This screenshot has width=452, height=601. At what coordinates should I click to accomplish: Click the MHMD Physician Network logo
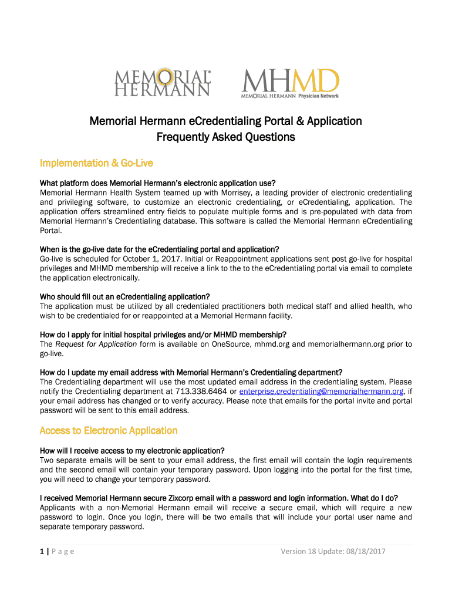290,83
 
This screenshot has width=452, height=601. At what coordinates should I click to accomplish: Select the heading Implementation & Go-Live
96,163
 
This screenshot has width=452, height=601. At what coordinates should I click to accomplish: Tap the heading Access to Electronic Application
108,431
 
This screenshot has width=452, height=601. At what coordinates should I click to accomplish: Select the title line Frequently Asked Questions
225,137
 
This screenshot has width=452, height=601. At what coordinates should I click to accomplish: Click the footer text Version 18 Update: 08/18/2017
333,551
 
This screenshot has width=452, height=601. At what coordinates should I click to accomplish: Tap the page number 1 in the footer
42,551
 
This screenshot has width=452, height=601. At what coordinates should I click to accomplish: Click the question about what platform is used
157,183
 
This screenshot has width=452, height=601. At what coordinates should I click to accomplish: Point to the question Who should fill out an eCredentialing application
124,296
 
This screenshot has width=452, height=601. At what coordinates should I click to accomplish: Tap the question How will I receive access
132,451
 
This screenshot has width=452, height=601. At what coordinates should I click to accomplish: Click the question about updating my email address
191,372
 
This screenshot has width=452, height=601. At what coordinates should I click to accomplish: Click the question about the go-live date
159,249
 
